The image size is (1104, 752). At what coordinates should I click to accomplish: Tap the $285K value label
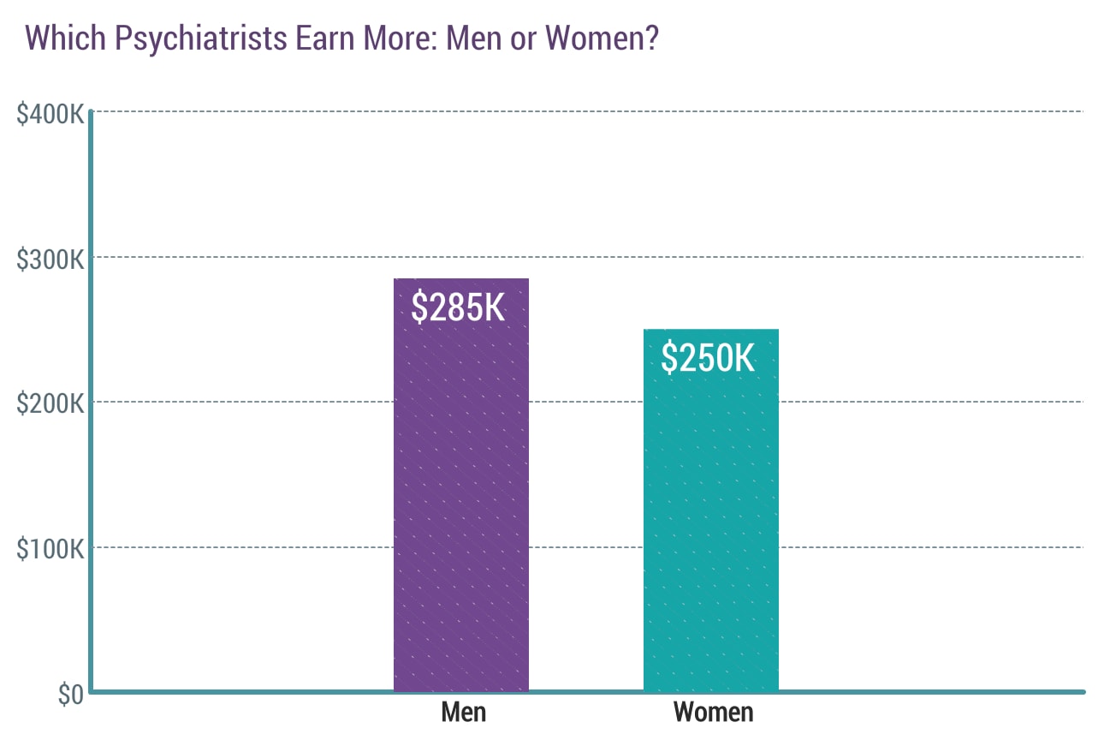click(x=458, y=307)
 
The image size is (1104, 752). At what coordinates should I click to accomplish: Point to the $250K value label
click(x=708, y=358)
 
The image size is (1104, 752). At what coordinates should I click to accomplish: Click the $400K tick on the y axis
click(x=50, y=113)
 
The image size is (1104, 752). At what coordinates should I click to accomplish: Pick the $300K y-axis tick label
click(x=50, y=259)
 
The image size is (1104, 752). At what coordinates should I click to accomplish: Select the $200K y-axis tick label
click(x=50, y=403)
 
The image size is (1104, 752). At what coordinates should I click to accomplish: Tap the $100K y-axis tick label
click(x=50, y=549)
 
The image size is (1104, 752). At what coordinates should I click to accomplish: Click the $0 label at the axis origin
click(x=70, y=695)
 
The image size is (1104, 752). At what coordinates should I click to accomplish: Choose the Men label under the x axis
click(x=463, y=713)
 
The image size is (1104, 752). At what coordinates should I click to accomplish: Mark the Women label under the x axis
click(x=713, y=713)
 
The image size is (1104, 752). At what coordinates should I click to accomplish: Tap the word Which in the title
click(x=62, y=39)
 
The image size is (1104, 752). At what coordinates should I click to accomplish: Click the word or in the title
click(x=524, y=39)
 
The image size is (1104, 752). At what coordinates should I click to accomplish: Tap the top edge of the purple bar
click(x=461, y=279)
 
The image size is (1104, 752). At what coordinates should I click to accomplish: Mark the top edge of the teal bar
click(x=710, y=330)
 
